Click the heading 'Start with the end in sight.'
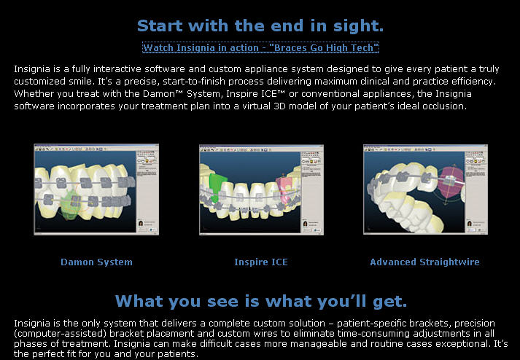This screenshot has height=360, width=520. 260,26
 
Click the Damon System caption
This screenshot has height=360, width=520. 96,262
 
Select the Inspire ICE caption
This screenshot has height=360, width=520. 260,262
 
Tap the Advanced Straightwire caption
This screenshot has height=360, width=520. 424,262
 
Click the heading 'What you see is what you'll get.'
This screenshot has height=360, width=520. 260,301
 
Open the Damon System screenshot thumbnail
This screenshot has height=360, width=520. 96,189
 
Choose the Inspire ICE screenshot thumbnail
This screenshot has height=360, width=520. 260,189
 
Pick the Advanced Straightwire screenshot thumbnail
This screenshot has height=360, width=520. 425,189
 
